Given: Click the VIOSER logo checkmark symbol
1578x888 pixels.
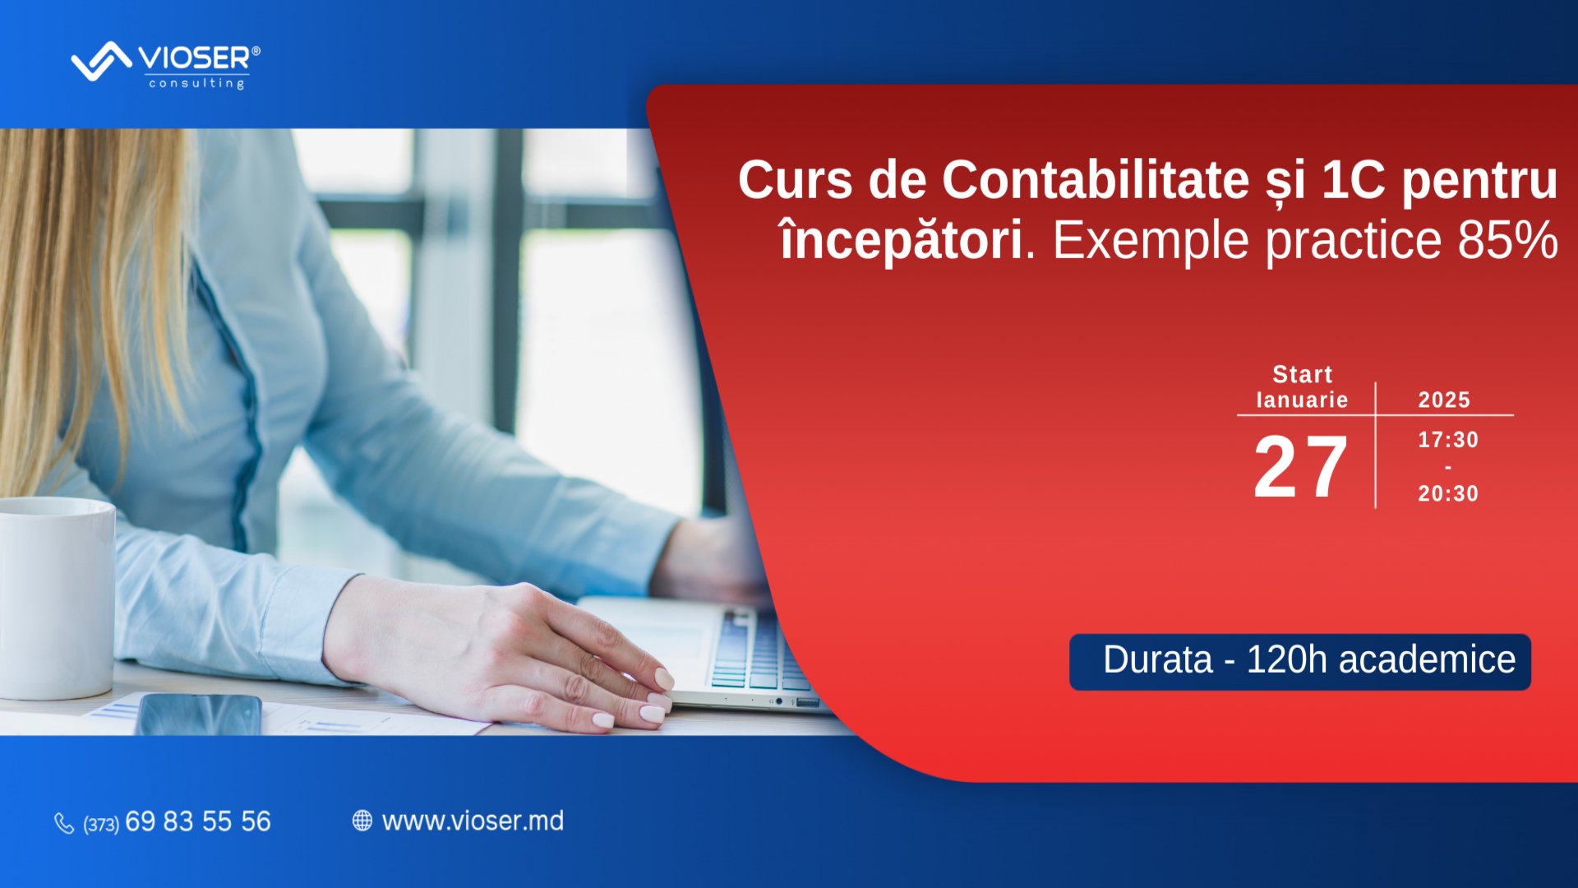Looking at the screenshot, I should tap(101, 61).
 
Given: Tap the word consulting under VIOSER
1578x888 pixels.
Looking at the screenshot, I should tap(196, 83).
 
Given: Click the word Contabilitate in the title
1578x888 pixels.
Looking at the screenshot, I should tap(1096, 180).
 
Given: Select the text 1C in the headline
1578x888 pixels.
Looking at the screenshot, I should tap(1353, 180).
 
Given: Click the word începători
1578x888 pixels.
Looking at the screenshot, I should tap(901, 240).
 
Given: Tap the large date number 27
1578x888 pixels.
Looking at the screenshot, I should tap(1300, 467).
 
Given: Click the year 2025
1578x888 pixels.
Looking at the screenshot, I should tap(1444, 400).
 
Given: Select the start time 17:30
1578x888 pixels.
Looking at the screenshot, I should tap(1448, 440).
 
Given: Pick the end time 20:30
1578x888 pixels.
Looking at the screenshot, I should tap(1448, 493).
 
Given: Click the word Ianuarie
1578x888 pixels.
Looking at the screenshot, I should tap(1302, 400).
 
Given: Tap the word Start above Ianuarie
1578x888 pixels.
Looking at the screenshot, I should tap(1302, 375).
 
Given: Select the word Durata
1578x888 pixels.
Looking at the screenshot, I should tap(1157, 660).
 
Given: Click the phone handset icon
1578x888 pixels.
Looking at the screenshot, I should tap(64, 822).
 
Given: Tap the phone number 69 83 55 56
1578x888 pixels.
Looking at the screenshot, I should tap(197, 821).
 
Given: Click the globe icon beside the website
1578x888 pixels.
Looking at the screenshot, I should tap(362, 821).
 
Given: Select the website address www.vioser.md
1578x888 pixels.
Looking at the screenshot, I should tap(473, 821).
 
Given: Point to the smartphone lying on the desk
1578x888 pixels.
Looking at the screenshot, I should tap(199, 714).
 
